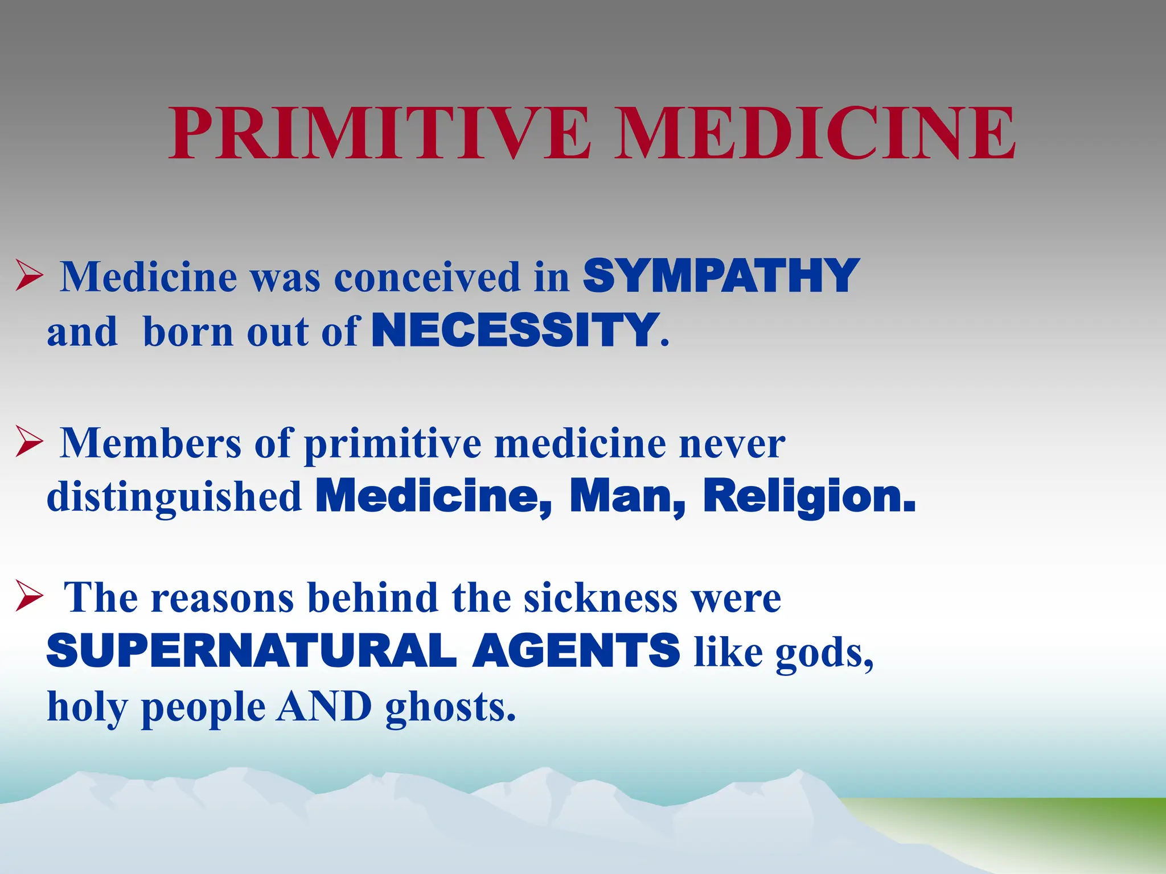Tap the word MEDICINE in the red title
816,134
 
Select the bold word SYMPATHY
721,277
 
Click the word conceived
427,278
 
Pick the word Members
151,443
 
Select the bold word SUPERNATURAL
251,651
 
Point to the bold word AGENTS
576,651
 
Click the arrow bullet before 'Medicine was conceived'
29,275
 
